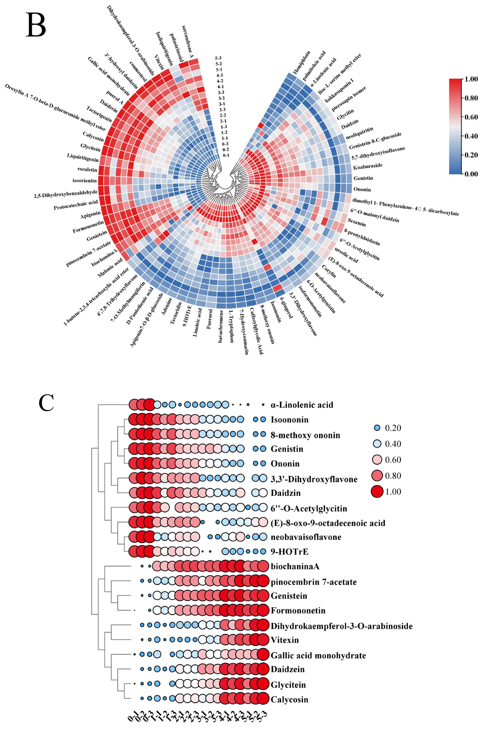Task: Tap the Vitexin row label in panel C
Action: pyautogui.click(x=285, y=640)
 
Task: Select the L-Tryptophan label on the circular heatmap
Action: pyautogui.click(x=231, y=325)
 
